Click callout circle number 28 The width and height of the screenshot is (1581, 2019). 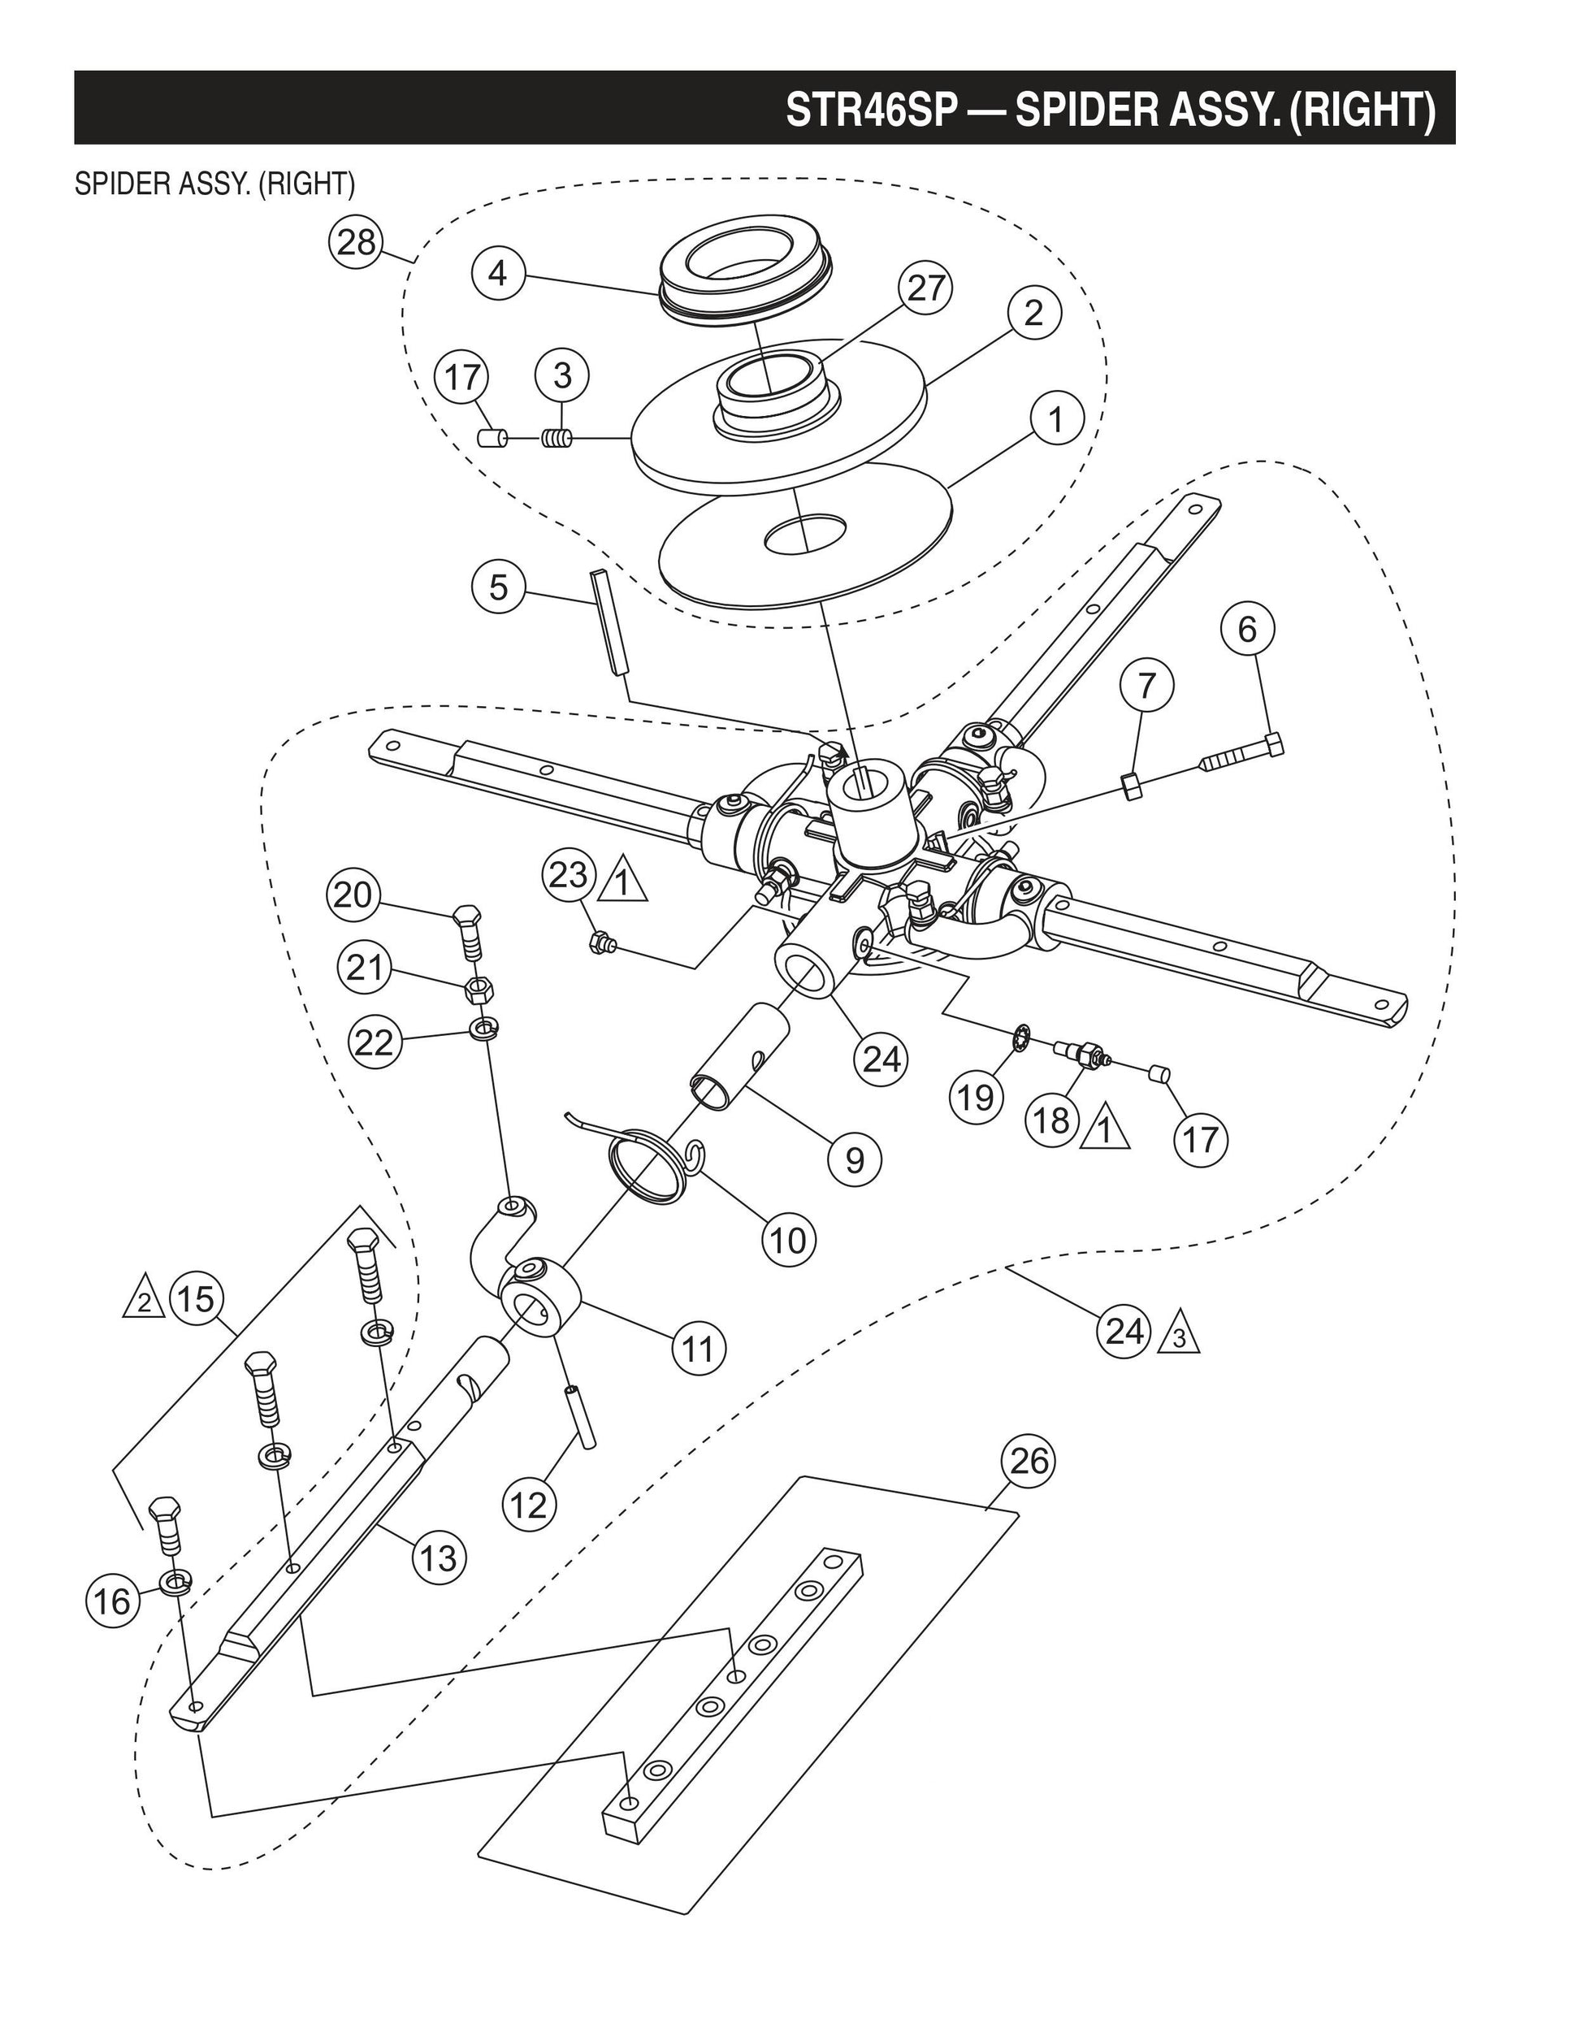(357, 243)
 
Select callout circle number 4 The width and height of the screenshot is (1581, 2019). (498, 273)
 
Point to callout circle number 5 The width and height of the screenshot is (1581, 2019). (498, 587)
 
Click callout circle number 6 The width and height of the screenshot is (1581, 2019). (1247, 630)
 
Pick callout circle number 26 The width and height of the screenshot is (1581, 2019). (1029, 1461)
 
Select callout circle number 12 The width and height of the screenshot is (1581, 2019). (530, 1506)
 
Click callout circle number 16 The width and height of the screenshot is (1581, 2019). (113, 1601)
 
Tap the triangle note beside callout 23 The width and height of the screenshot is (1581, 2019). (623, 882)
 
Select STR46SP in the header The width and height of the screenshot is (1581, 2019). (870, 109)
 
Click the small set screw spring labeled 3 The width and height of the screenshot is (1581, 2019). (557, 439)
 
